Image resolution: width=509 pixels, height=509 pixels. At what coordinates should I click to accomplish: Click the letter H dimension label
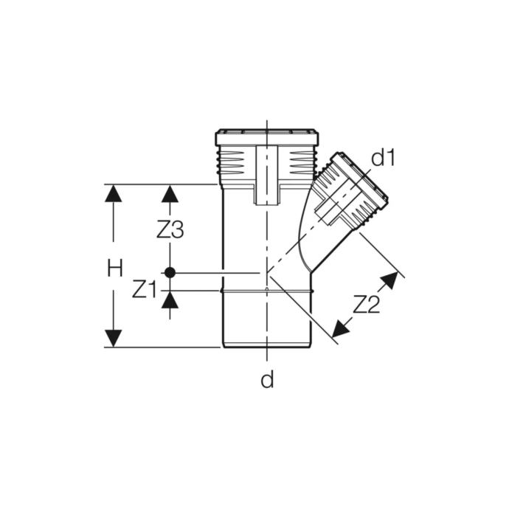114,268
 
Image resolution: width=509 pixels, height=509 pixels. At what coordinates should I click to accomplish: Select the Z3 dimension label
170,230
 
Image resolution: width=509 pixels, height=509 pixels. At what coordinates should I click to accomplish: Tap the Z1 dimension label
144,290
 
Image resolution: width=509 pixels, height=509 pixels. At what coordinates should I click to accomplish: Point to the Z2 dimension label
367,304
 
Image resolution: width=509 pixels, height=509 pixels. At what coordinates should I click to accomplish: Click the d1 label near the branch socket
383,158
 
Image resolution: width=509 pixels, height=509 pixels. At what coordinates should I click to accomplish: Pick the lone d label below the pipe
267,380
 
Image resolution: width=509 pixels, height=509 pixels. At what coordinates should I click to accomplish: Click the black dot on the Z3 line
170,272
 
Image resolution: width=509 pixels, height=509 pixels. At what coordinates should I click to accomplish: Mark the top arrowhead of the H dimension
113,193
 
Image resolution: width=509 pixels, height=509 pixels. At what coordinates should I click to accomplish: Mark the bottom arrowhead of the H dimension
113,338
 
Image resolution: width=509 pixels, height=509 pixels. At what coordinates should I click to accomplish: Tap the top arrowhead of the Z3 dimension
170,193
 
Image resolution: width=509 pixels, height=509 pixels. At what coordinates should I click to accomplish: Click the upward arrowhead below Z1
170,299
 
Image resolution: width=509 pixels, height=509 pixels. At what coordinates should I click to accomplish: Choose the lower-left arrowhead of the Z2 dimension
341,328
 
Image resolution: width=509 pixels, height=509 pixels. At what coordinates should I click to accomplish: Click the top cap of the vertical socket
266,138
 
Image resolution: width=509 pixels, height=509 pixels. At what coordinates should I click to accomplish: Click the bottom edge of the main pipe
267,347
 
